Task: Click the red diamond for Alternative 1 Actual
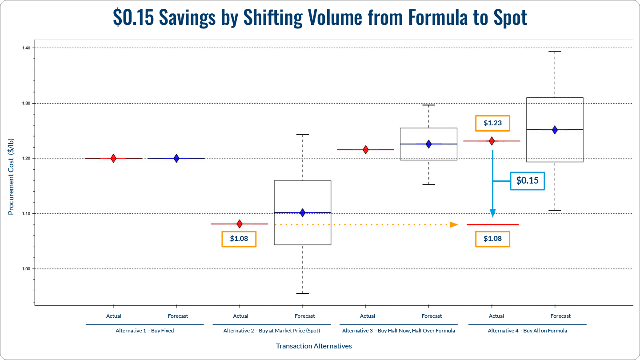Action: click(x=113, y=158)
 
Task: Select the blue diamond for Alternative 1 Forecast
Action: click(x=176, y=158)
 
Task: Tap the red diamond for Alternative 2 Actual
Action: click(x=240, y=224)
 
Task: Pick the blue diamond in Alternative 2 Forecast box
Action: click(x=303, y=213)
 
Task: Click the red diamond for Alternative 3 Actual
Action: click(x=366, y=150)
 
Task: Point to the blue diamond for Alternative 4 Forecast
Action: click(x=555, y=130)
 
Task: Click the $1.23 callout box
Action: click(x=492, y=124)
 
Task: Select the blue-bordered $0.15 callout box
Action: click(x=527, y=181)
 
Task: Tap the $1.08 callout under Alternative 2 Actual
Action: click(x=239, y=239)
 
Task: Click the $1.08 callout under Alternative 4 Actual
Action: click(x=492, y=239)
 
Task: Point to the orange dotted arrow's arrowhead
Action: click(x=454, y=224)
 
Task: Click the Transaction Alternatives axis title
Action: click(x=314, y=346)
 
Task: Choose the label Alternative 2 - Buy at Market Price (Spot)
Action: click(x=272, y=331)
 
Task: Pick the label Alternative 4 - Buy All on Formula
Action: click(x=527, y=331)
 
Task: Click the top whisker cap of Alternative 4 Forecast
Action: click(x=555, y=52)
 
